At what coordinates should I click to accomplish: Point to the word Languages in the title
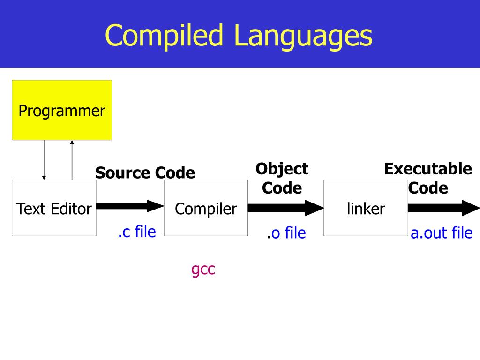pos(303,36)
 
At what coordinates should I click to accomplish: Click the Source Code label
pos(145,173)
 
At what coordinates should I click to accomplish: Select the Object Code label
pos(282,178)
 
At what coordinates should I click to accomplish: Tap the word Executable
pos(427,169)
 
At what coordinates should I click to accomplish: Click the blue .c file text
pos(137,231)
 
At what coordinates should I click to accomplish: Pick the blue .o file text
pos(286,233)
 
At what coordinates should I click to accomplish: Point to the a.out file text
pos(442,233)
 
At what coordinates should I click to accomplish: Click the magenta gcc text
pos(203,270)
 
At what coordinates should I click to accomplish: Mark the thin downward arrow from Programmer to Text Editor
pos(44,160)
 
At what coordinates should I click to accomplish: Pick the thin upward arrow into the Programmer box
pos(72,160)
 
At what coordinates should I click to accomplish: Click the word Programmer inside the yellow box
pos(62,112)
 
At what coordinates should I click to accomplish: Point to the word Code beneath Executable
pos(427,188)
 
